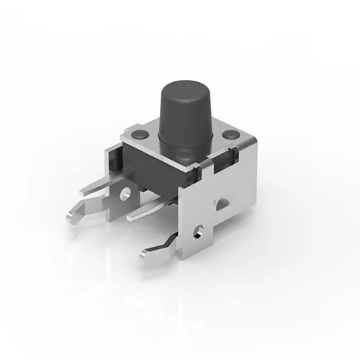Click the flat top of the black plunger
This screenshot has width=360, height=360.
coord(184,90)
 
